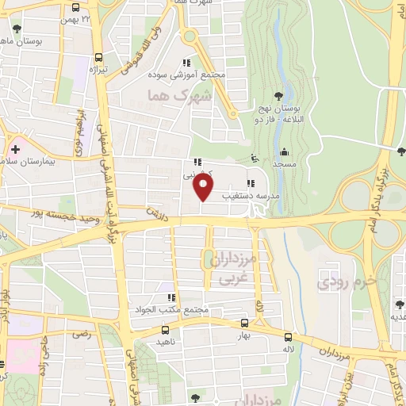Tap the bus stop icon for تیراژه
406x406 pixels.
pos(98,57)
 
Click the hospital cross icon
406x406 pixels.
pos(15,148)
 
